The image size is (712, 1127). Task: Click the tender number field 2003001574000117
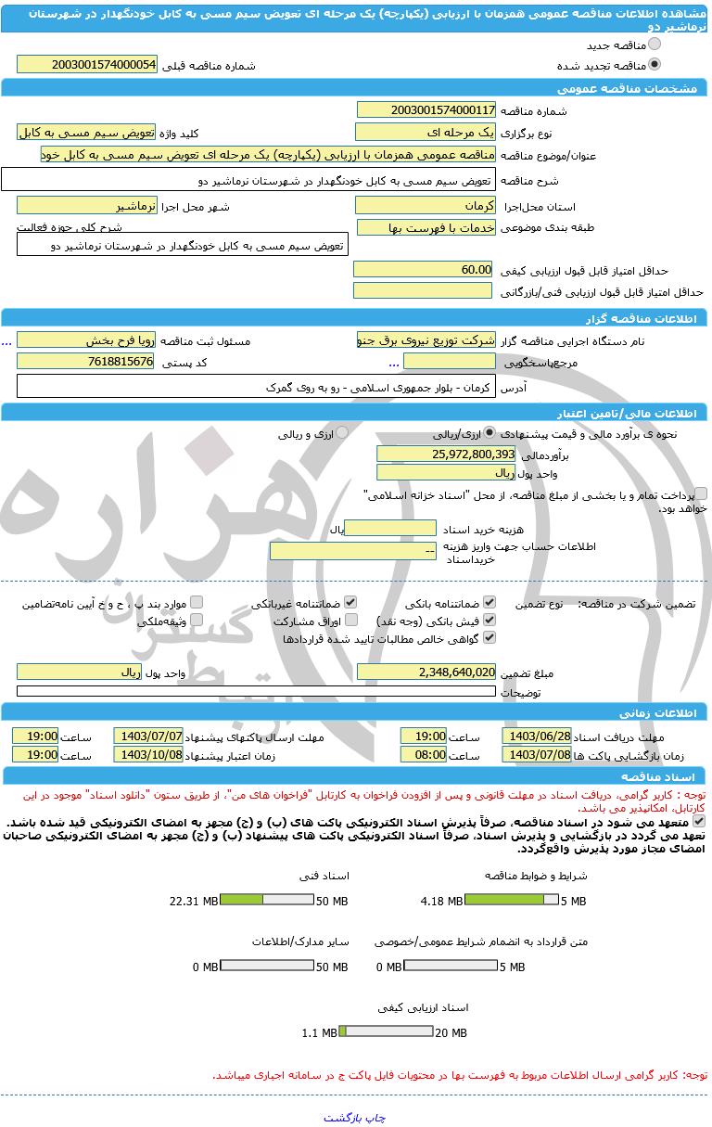(x=426, y=110)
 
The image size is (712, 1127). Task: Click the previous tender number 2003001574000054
(x=87, y=64)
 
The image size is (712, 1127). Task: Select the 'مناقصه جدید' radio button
(x=655, y=45)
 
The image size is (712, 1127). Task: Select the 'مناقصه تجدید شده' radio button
(x=655, y=65)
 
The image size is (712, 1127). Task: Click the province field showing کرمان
(x=426, y=205)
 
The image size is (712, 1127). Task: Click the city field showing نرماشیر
(x=87, y=205)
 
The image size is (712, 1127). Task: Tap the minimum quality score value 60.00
(x=423, y=269)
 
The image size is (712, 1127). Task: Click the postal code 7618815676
(x=85, y=361)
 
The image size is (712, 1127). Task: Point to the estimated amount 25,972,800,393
(x=445, y=454)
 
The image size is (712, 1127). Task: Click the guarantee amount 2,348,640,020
(x=426, y=672)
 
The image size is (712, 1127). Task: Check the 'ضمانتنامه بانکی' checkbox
(x=489, y=602)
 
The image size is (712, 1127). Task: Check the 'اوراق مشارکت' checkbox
(x=351, y=620)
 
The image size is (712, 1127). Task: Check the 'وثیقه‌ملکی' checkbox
(x=197, y=620)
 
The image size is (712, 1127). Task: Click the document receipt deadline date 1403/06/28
(x=536, y=736)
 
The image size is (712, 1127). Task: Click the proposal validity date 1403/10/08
(x=147, y=754)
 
